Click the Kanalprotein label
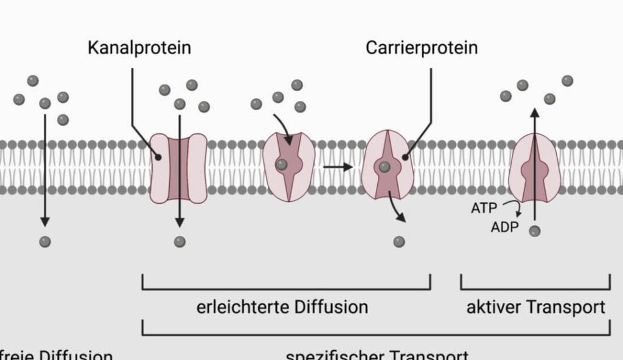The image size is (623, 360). (139, 48)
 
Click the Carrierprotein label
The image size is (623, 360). (422, 48)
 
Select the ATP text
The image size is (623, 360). (484, 208)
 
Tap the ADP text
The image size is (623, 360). (504, 228)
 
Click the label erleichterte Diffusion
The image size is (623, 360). (282, 306)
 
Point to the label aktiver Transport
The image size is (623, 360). (535, 306)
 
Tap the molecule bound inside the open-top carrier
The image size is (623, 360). (282, 164)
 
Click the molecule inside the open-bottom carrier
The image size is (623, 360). (384, 166)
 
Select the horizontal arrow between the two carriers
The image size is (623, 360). (338, 166)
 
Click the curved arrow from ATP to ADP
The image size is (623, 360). (516, 209)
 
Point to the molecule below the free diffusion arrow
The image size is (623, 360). (44, 242)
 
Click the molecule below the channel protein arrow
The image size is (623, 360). (179, 242)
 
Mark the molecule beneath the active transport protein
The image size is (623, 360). (534, 231)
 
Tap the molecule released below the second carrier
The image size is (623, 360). (399, 242)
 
